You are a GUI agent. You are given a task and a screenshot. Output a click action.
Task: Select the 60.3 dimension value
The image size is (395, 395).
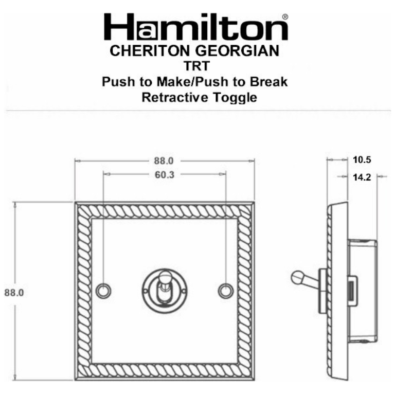click(x=164, y=175)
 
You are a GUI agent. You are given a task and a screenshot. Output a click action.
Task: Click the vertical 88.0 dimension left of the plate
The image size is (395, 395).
click(x=15, y=292)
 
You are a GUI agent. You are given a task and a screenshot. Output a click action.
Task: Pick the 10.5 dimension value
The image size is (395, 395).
click(x=362, y=160)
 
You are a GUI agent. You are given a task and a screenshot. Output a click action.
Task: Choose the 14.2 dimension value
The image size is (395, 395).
click(x=362, y=176)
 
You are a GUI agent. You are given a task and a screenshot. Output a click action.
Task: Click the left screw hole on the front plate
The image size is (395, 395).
click(x=103, y=291)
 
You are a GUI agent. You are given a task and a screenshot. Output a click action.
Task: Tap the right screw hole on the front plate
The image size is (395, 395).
click(x=225, y=291)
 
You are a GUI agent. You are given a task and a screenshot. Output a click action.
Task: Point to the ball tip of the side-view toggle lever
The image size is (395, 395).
click(x=297, y=278)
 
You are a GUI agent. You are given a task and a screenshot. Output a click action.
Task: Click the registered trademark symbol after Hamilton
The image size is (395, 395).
click(x=285, y=16)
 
